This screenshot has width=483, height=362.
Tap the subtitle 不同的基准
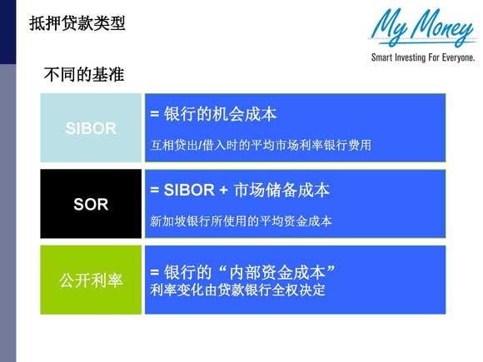click(x=83, y=76)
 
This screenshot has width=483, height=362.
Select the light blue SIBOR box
click(x=91, y=128)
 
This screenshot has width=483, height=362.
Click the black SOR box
click(x=91, y=204)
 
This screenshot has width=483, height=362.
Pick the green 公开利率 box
click(x=91, y=280)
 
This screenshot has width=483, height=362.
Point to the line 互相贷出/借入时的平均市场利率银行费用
click(x=260, y=145)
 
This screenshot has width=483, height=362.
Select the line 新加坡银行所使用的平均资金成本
click(x=241, y=221)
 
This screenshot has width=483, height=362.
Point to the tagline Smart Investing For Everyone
click(x=423, y=58)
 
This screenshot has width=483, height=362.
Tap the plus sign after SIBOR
click(x=223, y=191)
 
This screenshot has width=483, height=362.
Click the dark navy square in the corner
click(x=7, y=32)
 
